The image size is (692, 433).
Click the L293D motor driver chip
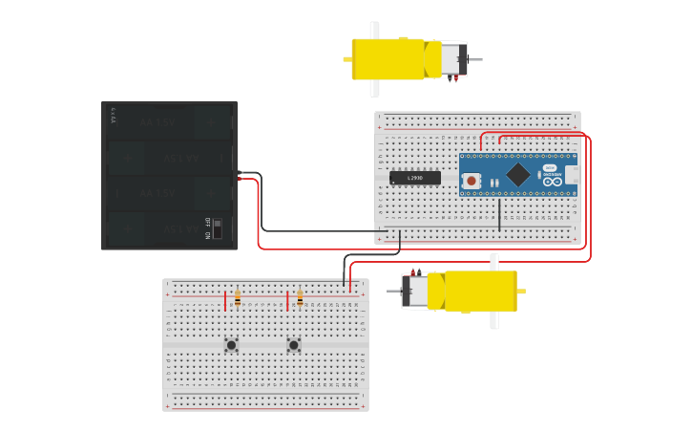tap(414, 178)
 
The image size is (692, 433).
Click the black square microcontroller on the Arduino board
tap(517, 174)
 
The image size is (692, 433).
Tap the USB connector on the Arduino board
tap(571, 175)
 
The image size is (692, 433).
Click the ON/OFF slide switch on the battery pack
tap(217, 228)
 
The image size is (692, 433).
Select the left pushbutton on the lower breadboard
tap(231, 345)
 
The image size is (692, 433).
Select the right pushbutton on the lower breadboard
tap(294, 345)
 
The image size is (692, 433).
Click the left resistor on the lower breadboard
tap(238, 298)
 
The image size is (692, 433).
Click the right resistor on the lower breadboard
tap(300, 298)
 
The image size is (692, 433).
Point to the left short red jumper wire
tap(225, 302)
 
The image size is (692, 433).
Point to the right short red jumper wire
tap(287, 302)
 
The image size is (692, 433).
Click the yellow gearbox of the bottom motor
tap(480, 292)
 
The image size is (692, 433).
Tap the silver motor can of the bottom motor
tap(415, 292)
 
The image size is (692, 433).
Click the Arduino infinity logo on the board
tap(553, 181)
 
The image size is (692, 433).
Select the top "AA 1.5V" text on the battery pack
tap(157, 122)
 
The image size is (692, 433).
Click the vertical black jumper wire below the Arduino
tap(499, 214)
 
